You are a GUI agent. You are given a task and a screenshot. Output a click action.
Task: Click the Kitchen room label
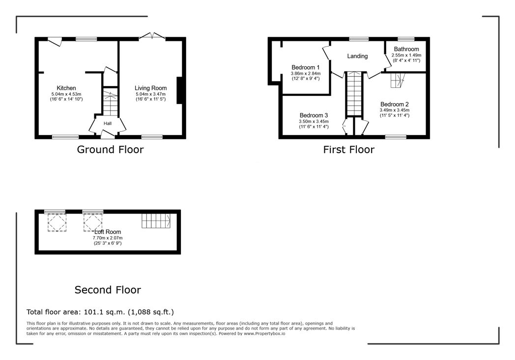point(66,88)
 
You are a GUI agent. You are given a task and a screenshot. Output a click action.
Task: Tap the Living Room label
point(151,88)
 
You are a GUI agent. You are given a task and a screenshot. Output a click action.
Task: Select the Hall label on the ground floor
point(108,123)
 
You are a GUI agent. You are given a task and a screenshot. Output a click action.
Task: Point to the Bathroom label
point(406,49)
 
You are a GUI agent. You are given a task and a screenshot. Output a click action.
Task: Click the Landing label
point(357,56)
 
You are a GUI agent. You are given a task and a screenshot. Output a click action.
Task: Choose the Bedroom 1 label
point(306,68)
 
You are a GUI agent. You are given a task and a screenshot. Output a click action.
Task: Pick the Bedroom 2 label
point(395,104)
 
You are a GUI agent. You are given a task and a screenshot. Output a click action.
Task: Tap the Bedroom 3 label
point(314,115)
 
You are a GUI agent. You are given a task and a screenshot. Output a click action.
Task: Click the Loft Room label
point(108,232)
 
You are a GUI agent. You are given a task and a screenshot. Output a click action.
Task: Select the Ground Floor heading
point(111,150)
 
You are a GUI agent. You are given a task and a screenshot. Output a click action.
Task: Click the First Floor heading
point(349,150)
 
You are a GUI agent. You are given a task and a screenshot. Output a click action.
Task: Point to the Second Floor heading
point(108,290)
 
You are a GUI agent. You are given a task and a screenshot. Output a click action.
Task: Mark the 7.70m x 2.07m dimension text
point(108,238)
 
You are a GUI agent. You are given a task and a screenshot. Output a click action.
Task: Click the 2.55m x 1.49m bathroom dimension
point(406,55)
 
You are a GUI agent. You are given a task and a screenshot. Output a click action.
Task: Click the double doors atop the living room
point(152,36)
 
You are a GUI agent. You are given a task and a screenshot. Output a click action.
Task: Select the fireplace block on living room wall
point(180,90)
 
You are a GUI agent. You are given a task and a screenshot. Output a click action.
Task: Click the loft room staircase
point(156,221)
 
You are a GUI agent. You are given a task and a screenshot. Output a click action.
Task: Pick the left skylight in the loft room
point(57,222)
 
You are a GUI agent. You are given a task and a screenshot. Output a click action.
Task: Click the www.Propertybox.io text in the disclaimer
point(264,333)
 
